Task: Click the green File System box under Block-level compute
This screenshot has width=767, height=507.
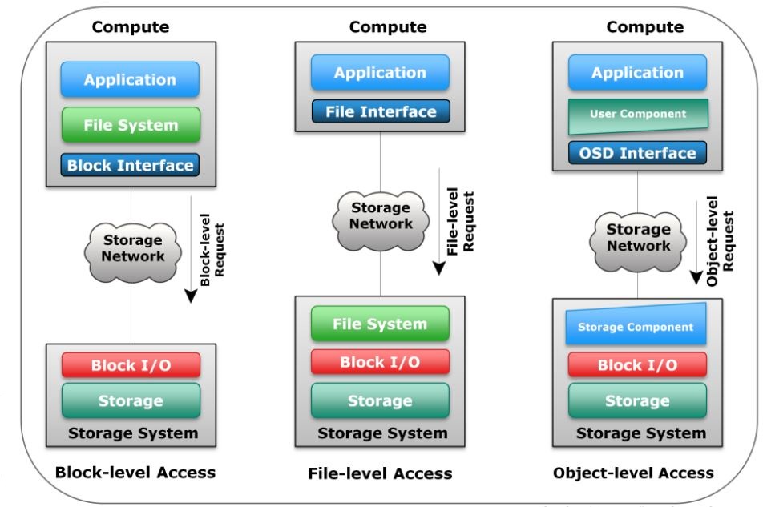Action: [130, 125]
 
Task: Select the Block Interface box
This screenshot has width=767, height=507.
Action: [130, 166]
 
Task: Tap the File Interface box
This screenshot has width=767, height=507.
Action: [381, 111]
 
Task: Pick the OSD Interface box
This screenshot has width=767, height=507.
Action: [638, 153]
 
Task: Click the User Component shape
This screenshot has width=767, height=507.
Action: [638, 115]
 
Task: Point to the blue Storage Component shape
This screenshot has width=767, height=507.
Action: [636, 325]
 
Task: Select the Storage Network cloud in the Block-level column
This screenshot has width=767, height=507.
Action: [132, 247]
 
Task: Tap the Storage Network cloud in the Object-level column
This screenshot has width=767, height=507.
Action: [638, 238]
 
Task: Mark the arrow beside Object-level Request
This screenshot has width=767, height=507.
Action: [696, 245]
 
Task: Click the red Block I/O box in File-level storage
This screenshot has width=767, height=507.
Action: [380, 362]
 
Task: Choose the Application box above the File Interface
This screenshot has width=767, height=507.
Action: [380, 73]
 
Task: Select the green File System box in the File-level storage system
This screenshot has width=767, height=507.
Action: [380, 324]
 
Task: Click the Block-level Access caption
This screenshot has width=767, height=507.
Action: [135, 472]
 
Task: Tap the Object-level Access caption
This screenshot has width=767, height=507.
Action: [633, 473]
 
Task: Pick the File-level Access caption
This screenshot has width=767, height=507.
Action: [380, 473]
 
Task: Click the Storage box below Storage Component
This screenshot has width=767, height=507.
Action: [637, 400]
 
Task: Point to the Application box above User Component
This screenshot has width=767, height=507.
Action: [637, 73]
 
